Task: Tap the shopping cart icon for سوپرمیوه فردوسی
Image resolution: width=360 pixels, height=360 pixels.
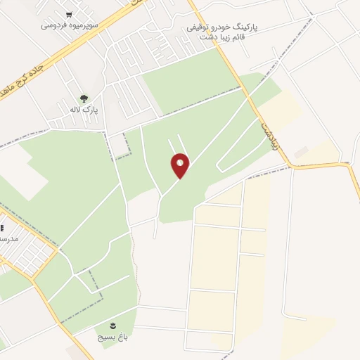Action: [68, 13]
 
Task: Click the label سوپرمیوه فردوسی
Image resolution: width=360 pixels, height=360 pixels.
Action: [68, 25]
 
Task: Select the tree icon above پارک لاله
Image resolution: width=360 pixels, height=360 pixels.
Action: [84, 99]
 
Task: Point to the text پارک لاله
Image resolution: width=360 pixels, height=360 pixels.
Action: [84, 110]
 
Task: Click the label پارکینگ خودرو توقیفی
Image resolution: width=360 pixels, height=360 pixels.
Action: [221, 26]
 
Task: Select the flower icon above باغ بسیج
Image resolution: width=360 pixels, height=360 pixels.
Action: [113, 324]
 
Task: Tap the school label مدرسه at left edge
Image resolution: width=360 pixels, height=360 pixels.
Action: [8, 239]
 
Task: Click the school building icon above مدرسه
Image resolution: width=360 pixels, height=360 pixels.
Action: [1, 229]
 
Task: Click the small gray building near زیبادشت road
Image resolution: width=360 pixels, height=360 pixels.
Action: [301, 152]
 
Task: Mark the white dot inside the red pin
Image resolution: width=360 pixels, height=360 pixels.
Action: [180, 162]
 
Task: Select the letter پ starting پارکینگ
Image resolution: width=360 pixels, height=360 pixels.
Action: [255, 26]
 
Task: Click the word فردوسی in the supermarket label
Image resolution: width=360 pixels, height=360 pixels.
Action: [53, 25]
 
